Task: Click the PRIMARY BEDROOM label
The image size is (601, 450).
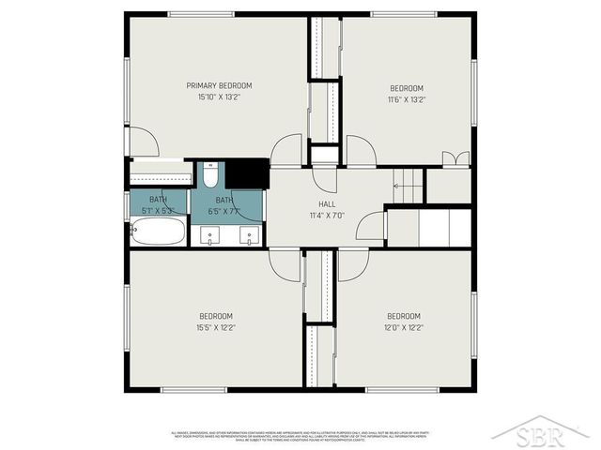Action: pyautogui.click(x=219, y=85)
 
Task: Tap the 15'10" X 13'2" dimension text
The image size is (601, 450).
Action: pyautogui.click(x=219, y=97)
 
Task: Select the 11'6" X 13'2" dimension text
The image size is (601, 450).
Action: pyautogui.click(x=407, y=99)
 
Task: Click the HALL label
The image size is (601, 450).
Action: pyautogui.click(x=327, y=203)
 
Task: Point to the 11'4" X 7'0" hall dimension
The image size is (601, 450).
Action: pyautogui.click(x=327, y=215)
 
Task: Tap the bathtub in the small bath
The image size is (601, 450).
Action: pyautogui.click(x=159, y=231)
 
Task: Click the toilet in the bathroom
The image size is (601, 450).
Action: pyautogui.click(x=211, y=175)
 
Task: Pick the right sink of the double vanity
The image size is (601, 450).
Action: pyautogui.click(x=247, y=234)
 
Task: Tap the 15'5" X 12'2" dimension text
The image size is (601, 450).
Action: pyautogui.click(x=215, y=328)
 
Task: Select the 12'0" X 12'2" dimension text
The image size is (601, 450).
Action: pyautogui.click(x=404, y=328)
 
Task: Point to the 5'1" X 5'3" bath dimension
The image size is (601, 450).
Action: pyautogui.click(x=158, y=210)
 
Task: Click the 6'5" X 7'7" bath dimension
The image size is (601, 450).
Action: pyautogui.click(x=223, y=211)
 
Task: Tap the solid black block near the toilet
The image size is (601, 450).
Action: pyautogui.click(x=247, y=174)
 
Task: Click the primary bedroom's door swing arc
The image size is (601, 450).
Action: pyautogui.click(x=143, y=142)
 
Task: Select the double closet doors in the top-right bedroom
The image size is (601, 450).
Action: pyautogui.click(x=455, y=158)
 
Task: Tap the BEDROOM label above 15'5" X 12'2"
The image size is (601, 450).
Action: pyautogui.click(x=215, y=316)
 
